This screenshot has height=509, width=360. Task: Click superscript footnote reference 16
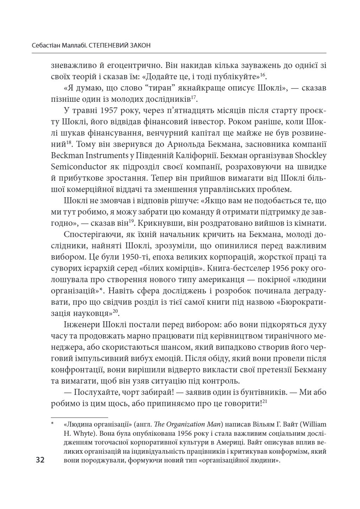tap(263, 75)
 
